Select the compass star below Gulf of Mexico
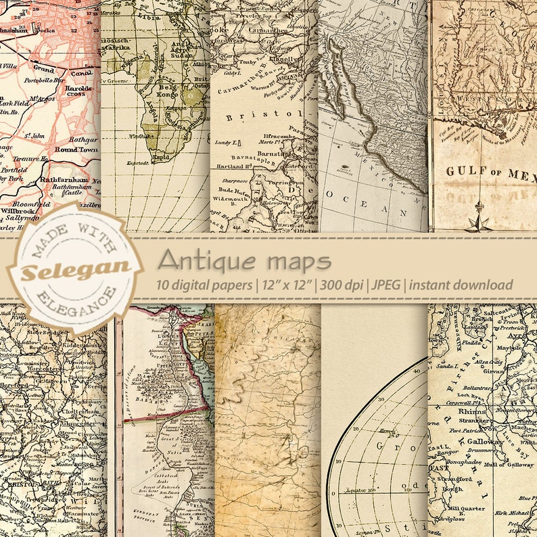coord(480,218)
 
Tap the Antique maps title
coord(244,260)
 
